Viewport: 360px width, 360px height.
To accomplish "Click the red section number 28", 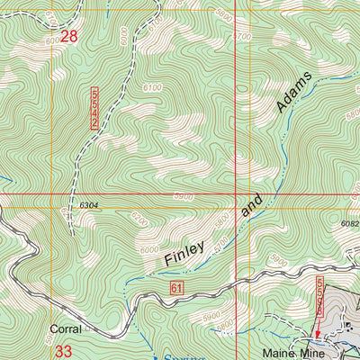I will tap(69, 37).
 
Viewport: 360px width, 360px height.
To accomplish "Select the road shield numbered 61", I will tap(176, 286).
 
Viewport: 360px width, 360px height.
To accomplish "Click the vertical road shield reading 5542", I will tap(95, 108).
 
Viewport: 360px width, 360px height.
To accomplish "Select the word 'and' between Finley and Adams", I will tap(253, 209).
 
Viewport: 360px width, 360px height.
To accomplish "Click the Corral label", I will tap(66, 329).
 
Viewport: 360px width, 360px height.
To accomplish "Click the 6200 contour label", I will tap(139, 218).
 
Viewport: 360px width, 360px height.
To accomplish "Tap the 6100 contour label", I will tap(152, 87).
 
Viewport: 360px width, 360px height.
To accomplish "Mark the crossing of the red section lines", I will tap(236, 193).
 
